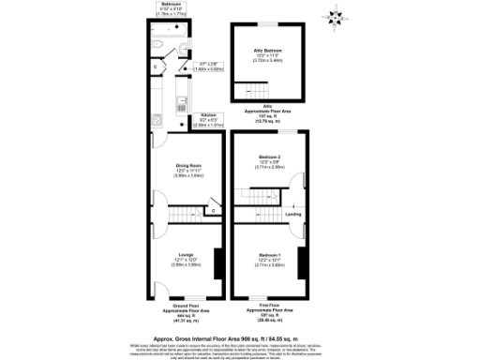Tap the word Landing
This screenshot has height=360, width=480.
[x=293, y=216]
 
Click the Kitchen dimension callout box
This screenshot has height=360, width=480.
[x=208, y=119]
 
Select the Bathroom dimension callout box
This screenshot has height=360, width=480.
[x=171, y=10]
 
